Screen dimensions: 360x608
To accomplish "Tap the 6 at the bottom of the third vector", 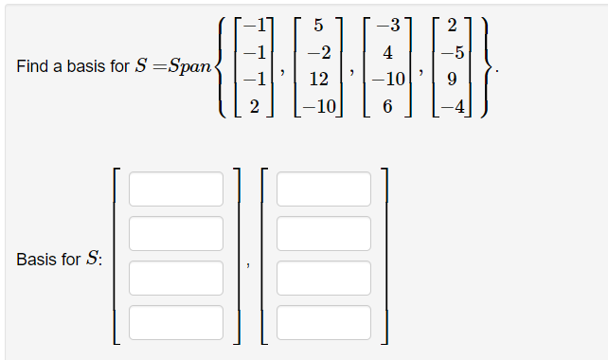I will click(x=386, y=105).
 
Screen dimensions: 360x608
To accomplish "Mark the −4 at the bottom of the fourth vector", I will click(x=458, y=105).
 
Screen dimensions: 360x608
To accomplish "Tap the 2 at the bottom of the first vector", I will click(x=254, y=105).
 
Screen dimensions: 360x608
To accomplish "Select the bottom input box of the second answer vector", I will click(x=324, y=322).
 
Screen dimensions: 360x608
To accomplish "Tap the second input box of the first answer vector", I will click(x=176, y=233).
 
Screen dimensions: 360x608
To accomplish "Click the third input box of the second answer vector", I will click(x=324, y=278).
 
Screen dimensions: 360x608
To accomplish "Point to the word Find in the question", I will click(x=32, y=67).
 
